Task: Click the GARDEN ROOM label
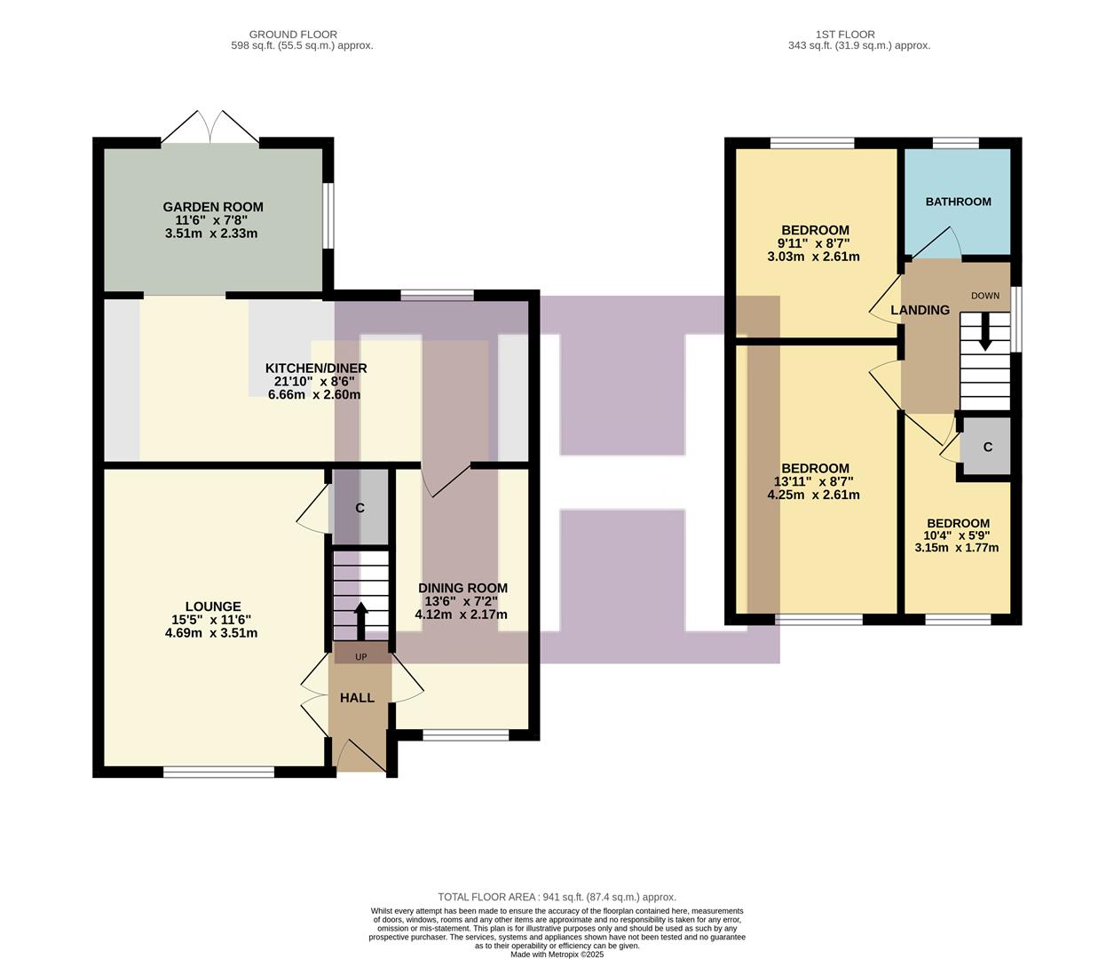(x=213, y=207)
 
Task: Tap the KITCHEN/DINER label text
(x=316, y=369)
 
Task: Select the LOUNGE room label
(x=213, y=607)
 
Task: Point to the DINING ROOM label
(x=462, y=588)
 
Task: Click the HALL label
(x=357, y=698)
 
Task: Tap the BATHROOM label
(x=958, y=202)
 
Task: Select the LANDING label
(x=920, y=310)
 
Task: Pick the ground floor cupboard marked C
(x=359, y=509)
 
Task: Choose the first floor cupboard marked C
(x=987, y=448)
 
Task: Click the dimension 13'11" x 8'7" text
(x=813, y=482)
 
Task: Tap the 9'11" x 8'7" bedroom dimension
(x=813, y=243)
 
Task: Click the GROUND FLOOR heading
(x=293, y=35)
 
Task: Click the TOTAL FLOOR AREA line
(x=557, y=897)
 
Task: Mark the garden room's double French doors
(x=210, y=129)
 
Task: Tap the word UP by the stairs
(x=360, y=657)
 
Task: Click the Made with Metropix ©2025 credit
(x=557, y=955)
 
